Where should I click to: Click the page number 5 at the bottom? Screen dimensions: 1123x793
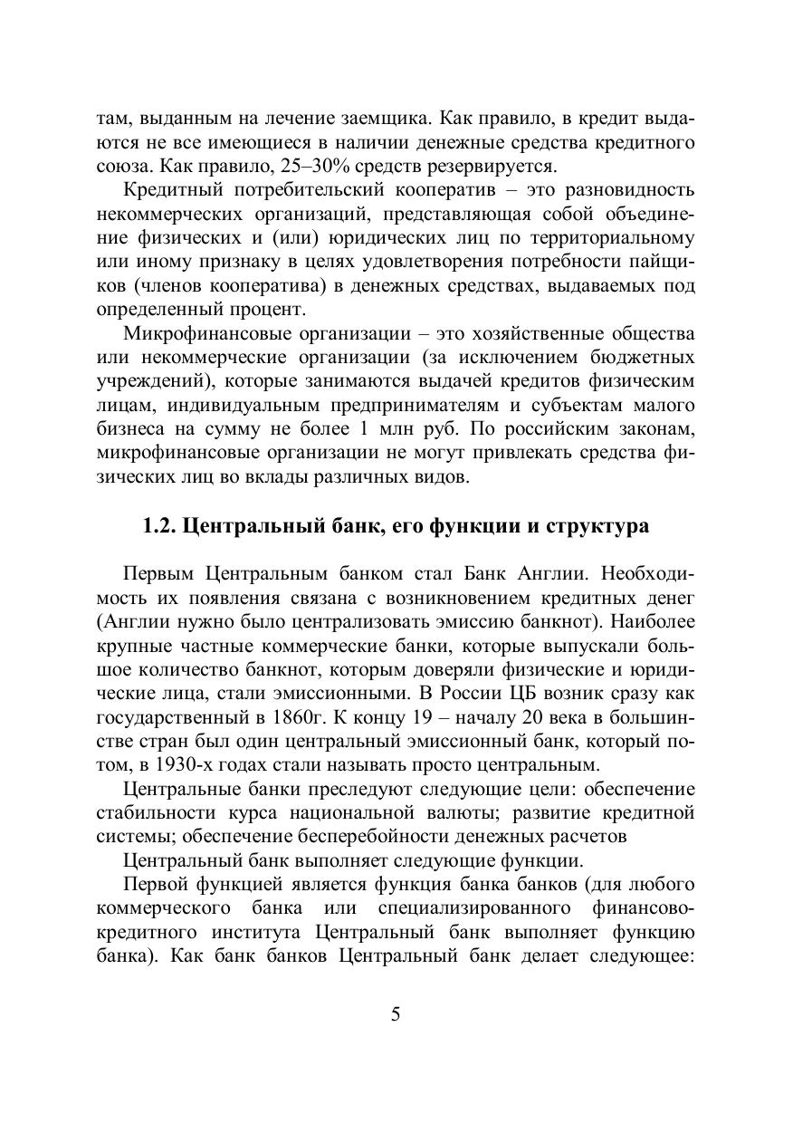pyautogui.click(x=396, y=1013)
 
